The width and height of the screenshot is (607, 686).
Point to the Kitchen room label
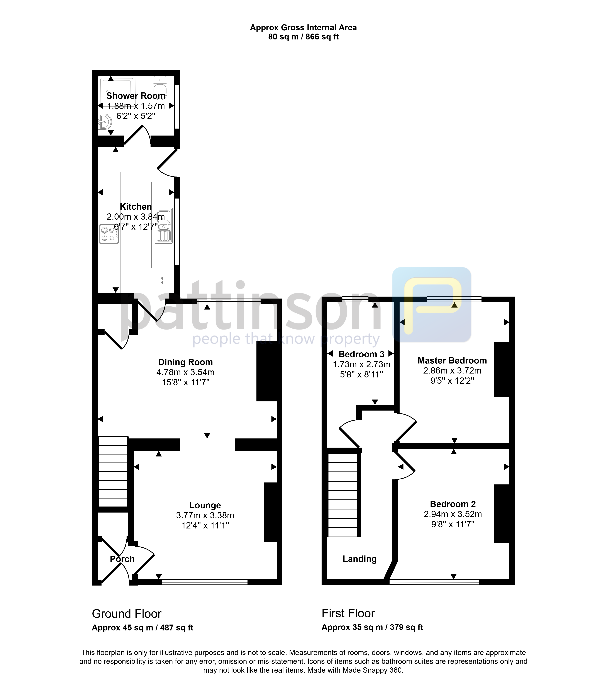point(136,206)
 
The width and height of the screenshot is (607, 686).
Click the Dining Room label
point(186,362)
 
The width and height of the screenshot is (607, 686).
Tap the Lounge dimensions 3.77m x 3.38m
point(205,515)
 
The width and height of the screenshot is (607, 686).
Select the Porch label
point(122,559)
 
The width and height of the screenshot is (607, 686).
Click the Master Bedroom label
point(452,360)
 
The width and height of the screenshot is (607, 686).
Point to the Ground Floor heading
point(127,614)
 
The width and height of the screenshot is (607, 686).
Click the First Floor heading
point(348,613)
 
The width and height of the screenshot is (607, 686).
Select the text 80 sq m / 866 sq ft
point(303,37)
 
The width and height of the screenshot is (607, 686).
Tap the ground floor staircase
point(113,471)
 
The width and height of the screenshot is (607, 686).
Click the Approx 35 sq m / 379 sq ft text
point(372,627)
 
